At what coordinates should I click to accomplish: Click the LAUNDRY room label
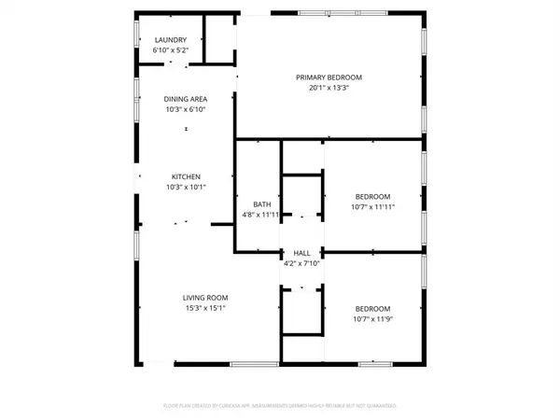pos(171,39)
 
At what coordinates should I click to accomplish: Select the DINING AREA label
pos(185,99)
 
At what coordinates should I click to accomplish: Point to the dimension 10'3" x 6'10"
pos(185,109)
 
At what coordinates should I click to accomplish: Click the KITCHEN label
pos(185,176)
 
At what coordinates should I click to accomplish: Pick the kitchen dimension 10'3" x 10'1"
pos(185,187)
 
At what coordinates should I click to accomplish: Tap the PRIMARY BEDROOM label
pos(329,77)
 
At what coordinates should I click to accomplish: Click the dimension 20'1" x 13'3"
pos(329,88)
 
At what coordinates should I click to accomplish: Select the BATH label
pos(262,203)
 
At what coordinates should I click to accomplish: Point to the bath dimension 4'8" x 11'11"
pos(262,215)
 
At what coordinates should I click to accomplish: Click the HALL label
pos(301,253)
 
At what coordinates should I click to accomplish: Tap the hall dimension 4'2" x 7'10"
pos(301,263)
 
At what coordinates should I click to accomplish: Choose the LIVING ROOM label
pos(204,298)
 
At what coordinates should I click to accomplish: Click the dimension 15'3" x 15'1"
pos(204,308)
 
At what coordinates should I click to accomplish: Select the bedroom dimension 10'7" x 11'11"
pos(371,206)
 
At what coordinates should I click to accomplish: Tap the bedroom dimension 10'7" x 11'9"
pos(371,319)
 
